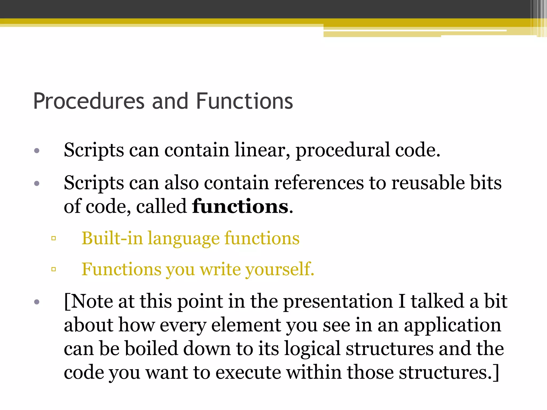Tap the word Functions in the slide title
pos(244,101)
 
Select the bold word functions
pos(240,206)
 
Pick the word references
pos(319,183)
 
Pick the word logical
pos(312,349)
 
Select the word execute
pos(248,372)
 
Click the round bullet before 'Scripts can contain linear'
pos(37,151)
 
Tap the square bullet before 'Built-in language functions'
pos(53,238)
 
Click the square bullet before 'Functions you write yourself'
pos(53,269)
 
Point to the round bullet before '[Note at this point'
pos(37,302)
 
